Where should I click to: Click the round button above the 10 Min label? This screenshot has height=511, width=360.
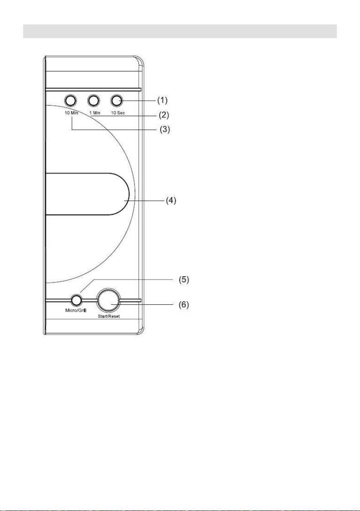click(70, 101)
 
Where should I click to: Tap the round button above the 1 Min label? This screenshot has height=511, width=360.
click(93, 101)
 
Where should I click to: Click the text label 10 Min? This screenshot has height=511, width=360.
click(71, 113)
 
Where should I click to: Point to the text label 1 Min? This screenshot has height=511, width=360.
click(94, 113)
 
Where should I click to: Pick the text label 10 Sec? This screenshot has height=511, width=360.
click(117, 113)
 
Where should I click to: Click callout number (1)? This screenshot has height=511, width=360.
click(162, 100)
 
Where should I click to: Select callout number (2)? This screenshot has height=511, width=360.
click(163, 115)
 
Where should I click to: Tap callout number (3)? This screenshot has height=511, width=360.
click(165, 129)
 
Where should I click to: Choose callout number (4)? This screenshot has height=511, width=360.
click(171, 201)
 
